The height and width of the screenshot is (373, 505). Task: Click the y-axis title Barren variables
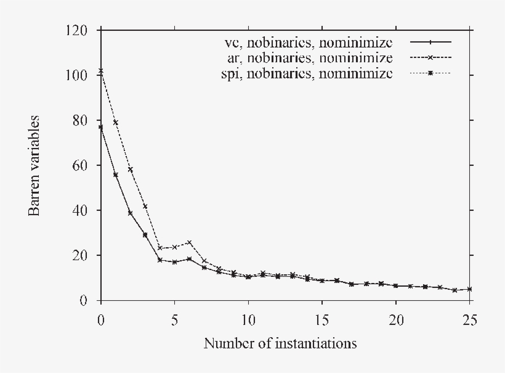[x=35, y=165]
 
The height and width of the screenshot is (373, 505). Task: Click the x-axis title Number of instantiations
[x=280, y=343]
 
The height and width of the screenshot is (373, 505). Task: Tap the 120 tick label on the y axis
[x=81, y=30]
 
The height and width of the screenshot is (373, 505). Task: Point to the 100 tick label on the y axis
[x=81, y=75]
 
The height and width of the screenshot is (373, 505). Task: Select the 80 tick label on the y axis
[x=84, y=120]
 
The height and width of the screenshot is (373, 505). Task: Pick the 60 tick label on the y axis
[x=84, y=165]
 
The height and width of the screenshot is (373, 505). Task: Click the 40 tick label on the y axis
[x=84, y=210]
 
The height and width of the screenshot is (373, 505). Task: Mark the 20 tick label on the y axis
[x=84, y=255]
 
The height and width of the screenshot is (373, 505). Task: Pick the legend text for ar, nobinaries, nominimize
[x=309, y=58]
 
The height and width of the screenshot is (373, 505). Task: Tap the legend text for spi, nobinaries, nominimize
[x=307, y=74]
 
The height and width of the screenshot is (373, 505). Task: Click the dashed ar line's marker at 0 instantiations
[x=100, y=71]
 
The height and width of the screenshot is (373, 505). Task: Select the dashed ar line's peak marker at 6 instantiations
[x=189, y=242]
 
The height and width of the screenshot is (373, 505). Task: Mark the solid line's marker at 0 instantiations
[x=100, y=127]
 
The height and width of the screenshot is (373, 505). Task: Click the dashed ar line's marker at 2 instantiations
[x=130, y=170]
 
